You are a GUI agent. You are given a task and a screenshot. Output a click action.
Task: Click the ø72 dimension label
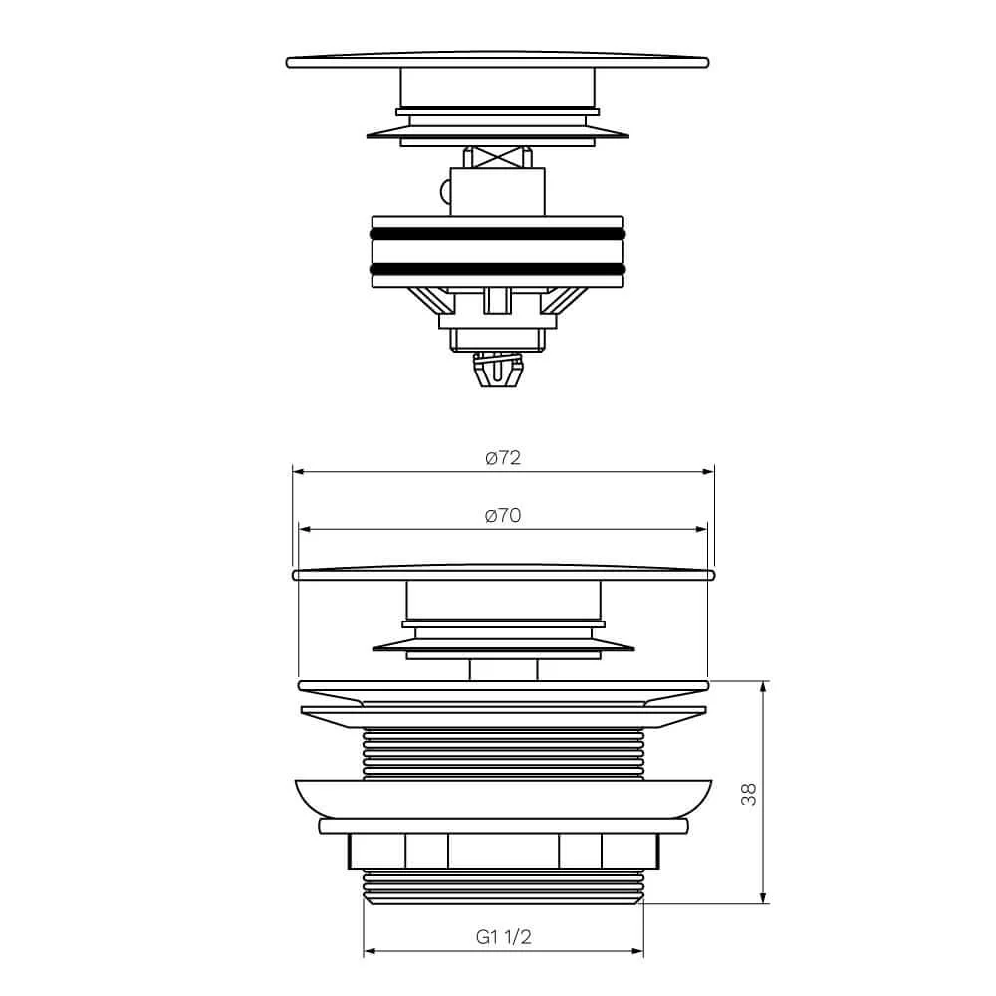(502, 458)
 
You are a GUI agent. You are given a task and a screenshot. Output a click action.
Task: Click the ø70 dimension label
(502, 515)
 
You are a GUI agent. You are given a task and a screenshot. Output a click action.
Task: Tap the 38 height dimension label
(749, 794)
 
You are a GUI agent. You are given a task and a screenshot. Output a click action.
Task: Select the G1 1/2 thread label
(503, 937)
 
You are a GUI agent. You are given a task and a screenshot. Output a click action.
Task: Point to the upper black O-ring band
(497, 234)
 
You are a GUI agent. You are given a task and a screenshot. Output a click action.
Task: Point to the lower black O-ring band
(497, 269)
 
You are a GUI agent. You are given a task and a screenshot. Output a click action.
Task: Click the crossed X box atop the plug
(497, 157)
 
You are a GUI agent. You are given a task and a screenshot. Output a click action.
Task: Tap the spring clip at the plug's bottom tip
(498, 371)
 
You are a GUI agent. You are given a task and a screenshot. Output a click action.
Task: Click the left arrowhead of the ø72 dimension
(299, 472)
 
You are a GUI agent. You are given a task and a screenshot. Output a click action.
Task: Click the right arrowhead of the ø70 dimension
(700, 529)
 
